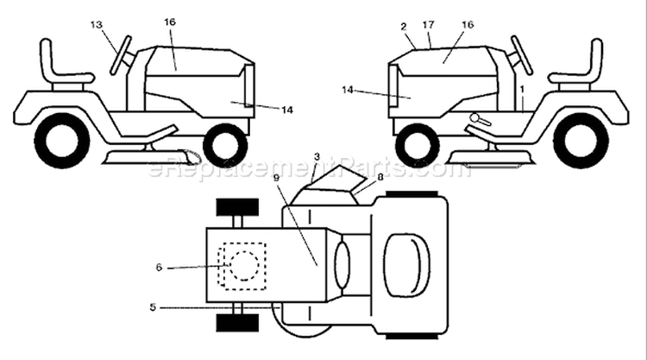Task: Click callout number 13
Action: [96, 25]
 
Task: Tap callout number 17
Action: [429, 25]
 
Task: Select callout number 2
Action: [404, 27]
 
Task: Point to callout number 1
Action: [523, 89]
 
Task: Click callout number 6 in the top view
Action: [160, 268]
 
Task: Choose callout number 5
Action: [153, 307]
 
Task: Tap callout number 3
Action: [317, 157]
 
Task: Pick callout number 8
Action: [380, 177]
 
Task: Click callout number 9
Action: [276, 178]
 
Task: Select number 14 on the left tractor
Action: [287, 110]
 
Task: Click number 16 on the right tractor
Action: [468, 25]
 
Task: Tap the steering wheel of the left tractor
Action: [121, 55]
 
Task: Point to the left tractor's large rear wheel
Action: [62, 141]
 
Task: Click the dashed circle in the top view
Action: [244, 266]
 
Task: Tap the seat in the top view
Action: [407, 265]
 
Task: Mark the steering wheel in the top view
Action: [342, 265]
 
